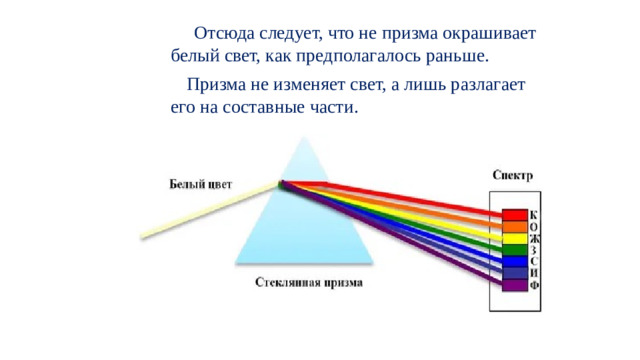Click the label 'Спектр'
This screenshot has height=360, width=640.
point(512,175)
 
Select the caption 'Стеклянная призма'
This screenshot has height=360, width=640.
point(309,283)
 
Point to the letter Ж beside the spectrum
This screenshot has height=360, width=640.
point(535,239)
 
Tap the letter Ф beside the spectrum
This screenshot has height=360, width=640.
point(535,286)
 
